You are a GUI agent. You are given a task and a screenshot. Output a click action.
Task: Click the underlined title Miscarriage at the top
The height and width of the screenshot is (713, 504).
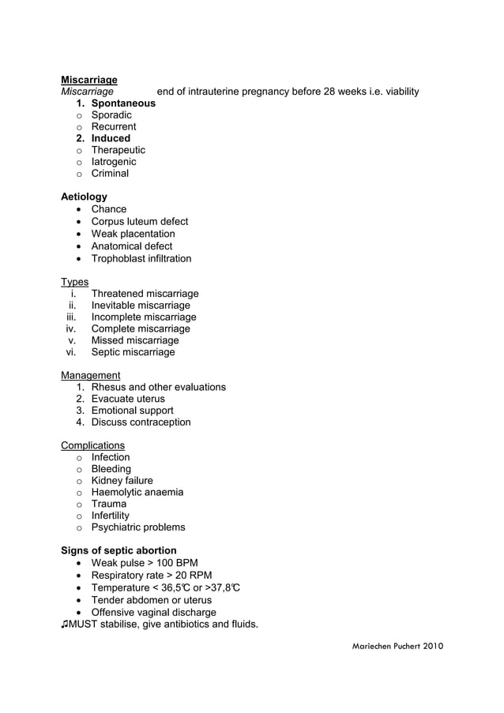coord(89,80)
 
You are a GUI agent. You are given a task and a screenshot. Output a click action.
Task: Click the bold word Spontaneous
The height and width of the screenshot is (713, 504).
coord(123,103)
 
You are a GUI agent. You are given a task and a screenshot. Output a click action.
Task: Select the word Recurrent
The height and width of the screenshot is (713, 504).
coord(114,126)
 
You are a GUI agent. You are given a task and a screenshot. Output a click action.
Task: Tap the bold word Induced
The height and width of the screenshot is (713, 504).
coord(111,138)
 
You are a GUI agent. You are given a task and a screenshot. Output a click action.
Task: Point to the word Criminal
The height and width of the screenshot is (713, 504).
coord(110,173)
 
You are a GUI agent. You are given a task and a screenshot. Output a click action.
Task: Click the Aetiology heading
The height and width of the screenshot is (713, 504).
coord(84,197)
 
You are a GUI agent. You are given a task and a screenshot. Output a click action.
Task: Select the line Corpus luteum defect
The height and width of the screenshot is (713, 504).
coord(140,222)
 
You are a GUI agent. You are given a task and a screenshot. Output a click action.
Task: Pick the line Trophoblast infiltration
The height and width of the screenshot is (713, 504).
coord(141,258)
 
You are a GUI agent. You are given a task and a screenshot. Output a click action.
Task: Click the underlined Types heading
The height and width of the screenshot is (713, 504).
coord(75,282)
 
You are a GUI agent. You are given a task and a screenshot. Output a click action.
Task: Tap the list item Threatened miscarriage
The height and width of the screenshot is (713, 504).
coord(145,294)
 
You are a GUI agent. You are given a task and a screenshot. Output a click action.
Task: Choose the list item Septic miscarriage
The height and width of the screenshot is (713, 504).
coord(134,352)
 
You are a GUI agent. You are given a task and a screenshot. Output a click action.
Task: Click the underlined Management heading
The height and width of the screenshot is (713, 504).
coord(91,375)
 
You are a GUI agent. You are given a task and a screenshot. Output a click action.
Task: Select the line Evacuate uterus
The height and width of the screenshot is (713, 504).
coord(128,399)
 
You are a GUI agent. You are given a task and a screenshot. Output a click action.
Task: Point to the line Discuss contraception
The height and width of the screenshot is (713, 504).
coord(141,422)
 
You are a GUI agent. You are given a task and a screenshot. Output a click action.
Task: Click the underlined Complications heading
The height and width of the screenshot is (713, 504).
coord(92,445)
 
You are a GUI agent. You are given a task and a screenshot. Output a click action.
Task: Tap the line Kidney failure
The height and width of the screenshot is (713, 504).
coord(122,480)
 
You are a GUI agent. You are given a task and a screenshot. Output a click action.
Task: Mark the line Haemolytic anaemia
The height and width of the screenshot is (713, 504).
coord(137,492)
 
